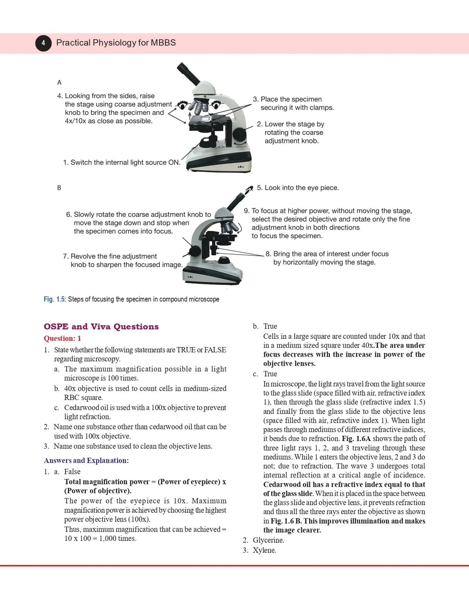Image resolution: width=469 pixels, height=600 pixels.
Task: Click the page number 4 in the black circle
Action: pos(43,43)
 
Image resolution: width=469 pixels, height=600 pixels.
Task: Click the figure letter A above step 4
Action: pos(59,82)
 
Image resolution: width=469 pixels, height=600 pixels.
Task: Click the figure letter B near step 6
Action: pos(59,188)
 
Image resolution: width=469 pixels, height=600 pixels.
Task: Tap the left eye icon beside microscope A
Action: pos(182,105)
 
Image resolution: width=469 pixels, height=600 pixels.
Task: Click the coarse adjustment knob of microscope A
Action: pos(240,135)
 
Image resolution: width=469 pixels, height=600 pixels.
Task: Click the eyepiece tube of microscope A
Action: pos(188,74)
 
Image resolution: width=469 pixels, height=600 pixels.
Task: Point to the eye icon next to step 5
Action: pos(250,189)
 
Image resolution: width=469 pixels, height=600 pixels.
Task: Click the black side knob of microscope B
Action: pos(194,251)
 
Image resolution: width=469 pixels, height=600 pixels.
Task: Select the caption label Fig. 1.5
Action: pos(54,299)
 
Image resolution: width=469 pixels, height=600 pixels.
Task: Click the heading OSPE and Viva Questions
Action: pos(101,326)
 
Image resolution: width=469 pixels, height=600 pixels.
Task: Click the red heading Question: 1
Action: pos(62,338)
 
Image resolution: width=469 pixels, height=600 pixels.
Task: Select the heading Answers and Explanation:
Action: pos(86,460)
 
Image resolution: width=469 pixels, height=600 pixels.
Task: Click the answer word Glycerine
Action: pos(268,540)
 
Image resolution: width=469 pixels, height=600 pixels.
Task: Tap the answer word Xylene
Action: pos(264,550)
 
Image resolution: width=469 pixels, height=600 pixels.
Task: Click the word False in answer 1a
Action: pos(72,472)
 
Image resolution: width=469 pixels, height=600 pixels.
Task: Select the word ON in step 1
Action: pos(173,162)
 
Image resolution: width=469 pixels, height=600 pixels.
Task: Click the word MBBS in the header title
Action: pos(163,43)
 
